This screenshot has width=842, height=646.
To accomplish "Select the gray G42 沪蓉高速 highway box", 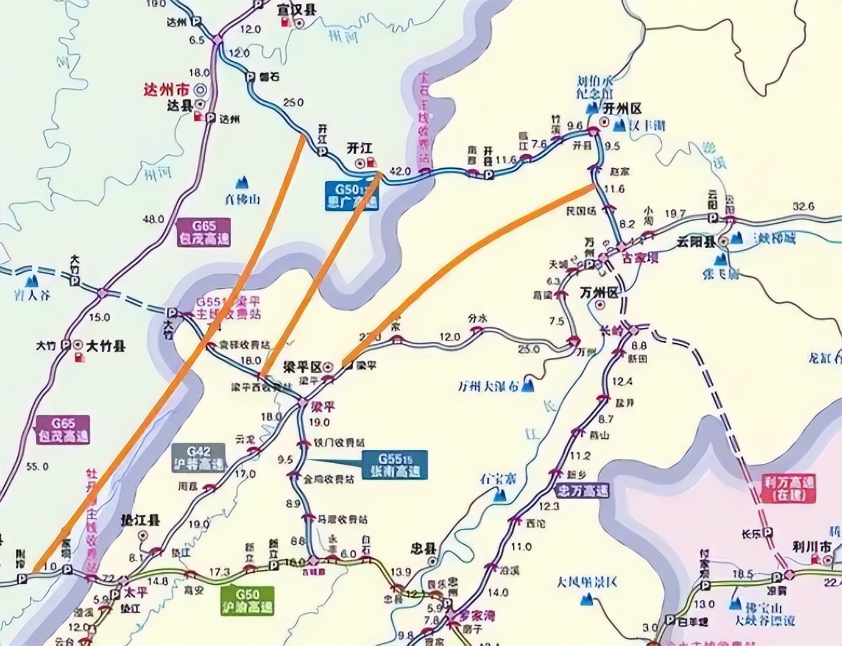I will [199, 458].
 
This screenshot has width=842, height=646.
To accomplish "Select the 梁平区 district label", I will [302, 367].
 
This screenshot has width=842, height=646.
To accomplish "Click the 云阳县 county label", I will [695, 242].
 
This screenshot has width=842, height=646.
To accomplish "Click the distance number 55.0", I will [38, 466].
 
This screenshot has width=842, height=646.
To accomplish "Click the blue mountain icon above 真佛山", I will [242, 182].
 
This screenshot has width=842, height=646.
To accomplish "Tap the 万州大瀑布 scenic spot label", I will [488, 386].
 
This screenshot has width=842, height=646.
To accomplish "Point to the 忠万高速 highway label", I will [582, 490].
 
